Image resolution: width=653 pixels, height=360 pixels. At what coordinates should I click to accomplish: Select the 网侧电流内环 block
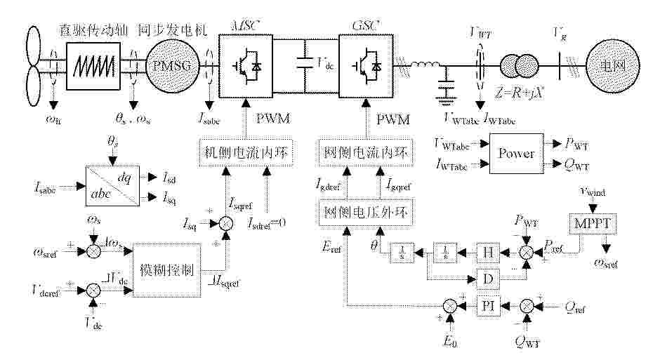click(366, 153)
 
